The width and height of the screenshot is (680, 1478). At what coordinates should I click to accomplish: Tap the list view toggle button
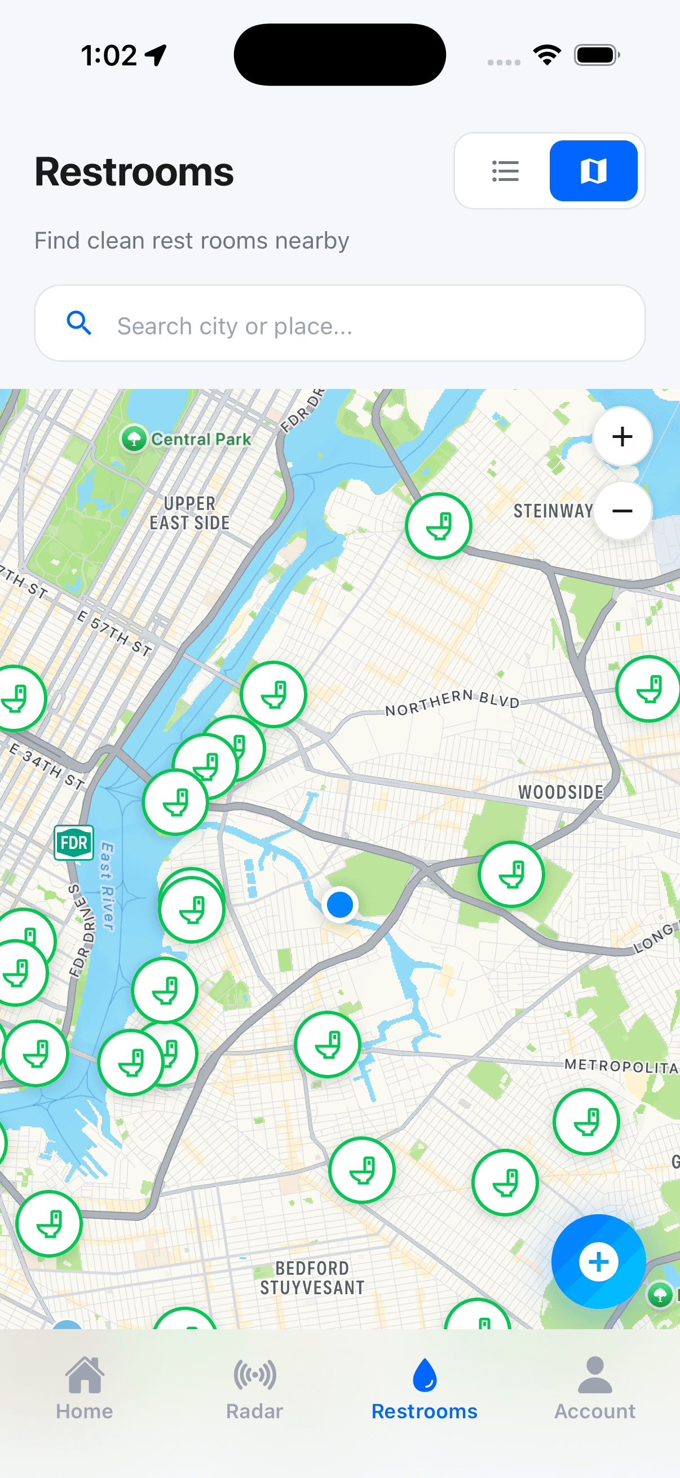click(505, 171)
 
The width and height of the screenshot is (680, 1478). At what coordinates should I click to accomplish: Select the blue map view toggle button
click(593, 171)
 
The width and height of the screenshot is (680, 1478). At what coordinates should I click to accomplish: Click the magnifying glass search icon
click(79, 323)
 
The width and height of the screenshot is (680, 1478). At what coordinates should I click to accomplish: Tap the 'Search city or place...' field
click(367, 325)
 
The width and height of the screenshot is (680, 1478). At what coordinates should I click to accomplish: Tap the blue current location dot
click(339, 904)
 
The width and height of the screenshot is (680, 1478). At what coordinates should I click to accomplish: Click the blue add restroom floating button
click(598, 1261)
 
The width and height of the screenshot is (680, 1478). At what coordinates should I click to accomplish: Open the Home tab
click(85, 1388)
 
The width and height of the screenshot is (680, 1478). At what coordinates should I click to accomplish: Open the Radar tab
click(255, 1388)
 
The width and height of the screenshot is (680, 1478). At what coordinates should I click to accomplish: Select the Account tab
click(594, 1388)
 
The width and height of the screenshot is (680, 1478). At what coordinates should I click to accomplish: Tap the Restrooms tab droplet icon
click(425, 1375)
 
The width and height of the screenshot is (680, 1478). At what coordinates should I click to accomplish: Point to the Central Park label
click(200, 440)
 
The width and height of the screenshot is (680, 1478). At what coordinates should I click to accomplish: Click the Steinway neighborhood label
click(553, 511)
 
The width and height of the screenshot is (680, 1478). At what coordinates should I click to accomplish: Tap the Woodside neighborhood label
click(560, 793)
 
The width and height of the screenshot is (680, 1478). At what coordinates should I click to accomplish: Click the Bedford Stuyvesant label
click(312, 1277)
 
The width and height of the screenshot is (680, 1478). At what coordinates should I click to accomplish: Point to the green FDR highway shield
click(74, 843)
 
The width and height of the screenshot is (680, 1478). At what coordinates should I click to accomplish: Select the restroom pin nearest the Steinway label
click(439, 526)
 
